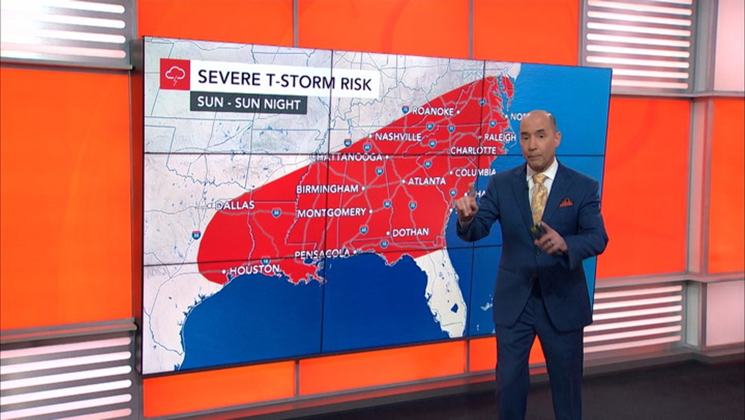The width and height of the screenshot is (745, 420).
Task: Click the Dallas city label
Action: (x=235, y=205)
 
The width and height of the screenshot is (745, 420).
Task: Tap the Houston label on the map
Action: (x=254, y=270)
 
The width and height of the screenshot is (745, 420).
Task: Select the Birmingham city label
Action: (x=327, y=189)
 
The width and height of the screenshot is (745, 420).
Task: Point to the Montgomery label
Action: (x=332, y=213)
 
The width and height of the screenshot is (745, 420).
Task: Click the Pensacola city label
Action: (x=322, y=254)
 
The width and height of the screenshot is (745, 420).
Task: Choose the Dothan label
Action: (x=410, y=232)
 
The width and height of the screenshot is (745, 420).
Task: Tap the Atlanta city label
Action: (x=426, y=181)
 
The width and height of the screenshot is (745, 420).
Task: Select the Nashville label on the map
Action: (x=398, y=136)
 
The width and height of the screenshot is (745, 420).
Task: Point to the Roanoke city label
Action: (x=433, y=111)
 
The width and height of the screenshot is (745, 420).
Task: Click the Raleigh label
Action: (x=500, y=138)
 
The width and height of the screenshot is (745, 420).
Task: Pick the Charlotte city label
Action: (x=473, y=150)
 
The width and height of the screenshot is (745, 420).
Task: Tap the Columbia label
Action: (x=475, y=173)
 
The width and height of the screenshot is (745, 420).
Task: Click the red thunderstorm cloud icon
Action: (x=175, y=74)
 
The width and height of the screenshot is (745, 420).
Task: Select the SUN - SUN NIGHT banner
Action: (x=248, y=103)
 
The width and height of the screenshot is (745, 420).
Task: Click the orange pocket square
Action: (x=566, y=202)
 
